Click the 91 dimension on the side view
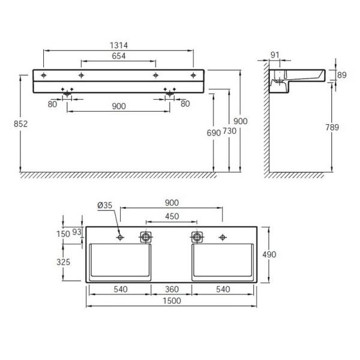(275, 55)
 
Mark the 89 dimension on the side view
(343, 75)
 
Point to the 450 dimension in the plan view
(171, 217)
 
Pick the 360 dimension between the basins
(171, 289)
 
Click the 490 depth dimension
(269, 254)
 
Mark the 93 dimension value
(76, 232)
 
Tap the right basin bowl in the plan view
(223, 262)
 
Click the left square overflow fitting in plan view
(145, 237)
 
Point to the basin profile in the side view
(296, 77)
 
